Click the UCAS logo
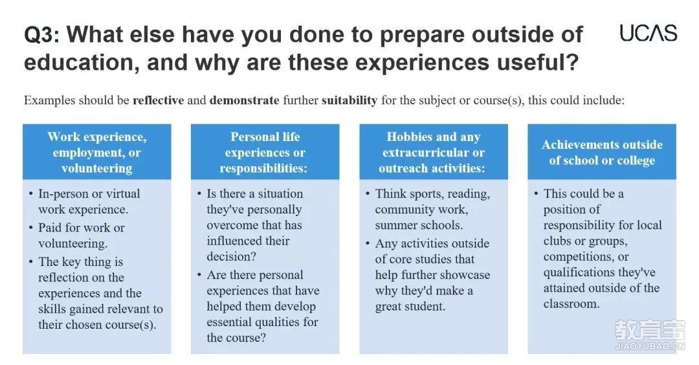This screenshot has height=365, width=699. [x=648, y=34]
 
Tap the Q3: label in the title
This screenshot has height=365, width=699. [x=41, y=35]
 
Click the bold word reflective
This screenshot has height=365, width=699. [x=159, y=100]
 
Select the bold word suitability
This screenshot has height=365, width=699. [x=349, y=100]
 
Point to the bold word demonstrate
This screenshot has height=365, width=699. [x=244, y=100]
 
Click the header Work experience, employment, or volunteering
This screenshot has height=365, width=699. [x=96, y=152]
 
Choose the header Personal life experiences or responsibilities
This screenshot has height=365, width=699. [x=265, y=152]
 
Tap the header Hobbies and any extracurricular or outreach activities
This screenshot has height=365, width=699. [x=433, y=152]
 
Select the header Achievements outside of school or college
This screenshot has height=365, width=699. [x=602, y=152]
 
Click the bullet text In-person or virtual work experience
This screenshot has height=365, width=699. [x=89, y=201]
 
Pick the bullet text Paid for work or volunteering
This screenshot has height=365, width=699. [x=82, y=236]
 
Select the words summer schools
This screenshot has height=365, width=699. [x=419, y=225]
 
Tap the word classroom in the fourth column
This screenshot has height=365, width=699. [x=570, y=304]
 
